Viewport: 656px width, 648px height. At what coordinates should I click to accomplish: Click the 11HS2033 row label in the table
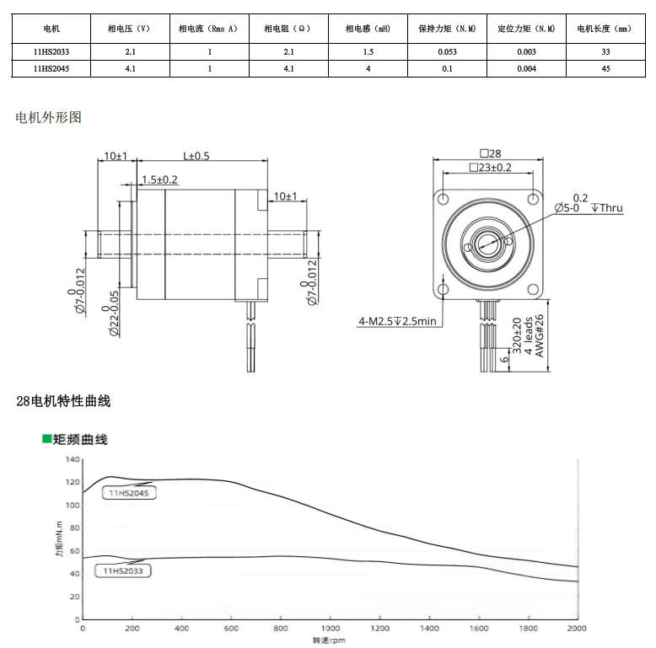(x=51, y=52)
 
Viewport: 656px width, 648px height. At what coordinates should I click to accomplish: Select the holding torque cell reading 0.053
(x=447, y=52)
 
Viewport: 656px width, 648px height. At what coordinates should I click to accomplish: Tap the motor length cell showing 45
(x=605, y=68)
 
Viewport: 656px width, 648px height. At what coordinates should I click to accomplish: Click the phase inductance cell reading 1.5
(x=368, y=52)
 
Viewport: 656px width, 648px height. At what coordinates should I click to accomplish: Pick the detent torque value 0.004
(x=526, y=68)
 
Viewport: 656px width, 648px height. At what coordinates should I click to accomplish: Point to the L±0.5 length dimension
(x=196, y=156)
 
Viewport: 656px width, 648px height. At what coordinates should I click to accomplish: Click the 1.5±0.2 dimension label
(x=159, y=179)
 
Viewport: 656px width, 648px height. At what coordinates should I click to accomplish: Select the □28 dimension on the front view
(x=491, y=153)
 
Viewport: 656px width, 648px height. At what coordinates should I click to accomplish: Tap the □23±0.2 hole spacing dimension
(x=491, y=168)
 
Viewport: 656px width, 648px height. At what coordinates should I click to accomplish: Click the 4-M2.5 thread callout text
(x=397, y=321)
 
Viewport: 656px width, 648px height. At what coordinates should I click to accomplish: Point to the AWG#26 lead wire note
(x=540, y=335)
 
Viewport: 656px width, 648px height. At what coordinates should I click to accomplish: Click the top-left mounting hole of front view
(x=443, y=199)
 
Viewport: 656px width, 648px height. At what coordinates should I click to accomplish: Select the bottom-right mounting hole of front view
(x=533, y=289)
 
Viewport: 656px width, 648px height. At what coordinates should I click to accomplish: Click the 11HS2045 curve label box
(x=129, y=493)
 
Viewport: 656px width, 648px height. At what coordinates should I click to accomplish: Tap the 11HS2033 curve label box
(x=123, y=570)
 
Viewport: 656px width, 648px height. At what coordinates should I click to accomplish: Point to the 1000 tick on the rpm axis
(x=330, y=628)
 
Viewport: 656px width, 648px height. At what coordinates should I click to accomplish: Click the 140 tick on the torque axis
(x=73, y=459)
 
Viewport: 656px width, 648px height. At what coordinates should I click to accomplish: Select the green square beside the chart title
(x=46, y=438)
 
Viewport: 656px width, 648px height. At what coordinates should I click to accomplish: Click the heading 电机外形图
(x=49, y=117)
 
